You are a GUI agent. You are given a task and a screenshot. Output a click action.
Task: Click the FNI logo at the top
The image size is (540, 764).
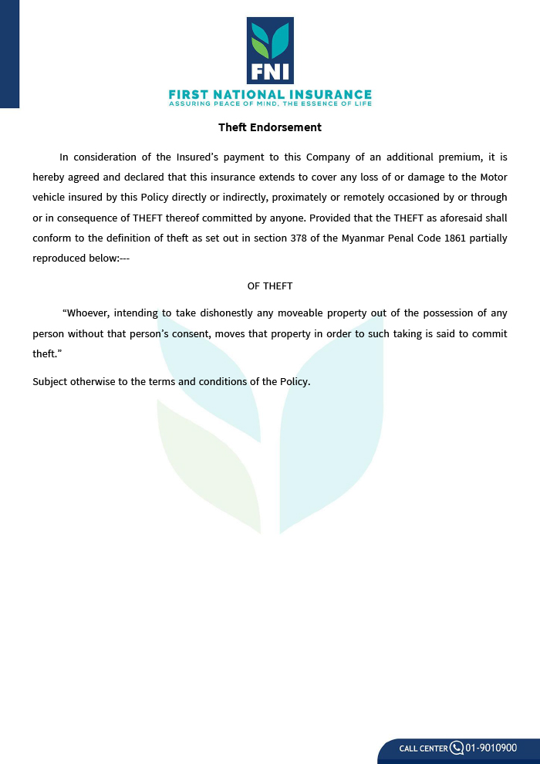pos(270,50)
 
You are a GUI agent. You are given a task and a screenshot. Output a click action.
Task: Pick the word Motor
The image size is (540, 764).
pos(491,177)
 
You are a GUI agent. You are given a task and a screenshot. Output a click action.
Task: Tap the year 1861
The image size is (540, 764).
pos(457,238)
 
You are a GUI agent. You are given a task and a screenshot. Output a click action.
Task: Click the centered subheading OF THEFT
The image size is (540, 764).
pos(270,286)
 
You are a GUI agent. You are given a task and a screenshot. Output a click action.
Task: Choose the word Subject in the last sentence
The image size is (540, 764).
pos(50,381)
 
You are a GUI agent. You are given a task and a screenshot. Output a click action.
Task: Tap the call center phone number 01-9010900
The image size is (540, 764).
pos(491,748)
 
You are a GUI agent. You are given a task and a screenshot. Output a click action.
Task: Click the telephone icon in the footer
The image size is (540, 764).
pos(456,748)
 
